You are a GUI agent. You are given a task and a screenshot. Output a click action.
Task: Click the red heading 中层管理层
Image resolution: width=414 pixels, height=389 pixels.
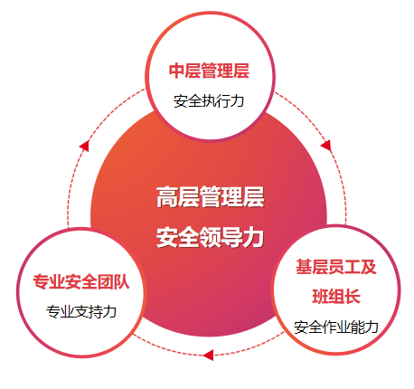[209, 71]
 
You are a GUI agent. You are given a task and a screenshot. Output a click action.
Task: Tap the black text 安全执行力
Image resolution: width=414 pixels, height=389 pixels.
[209, 101]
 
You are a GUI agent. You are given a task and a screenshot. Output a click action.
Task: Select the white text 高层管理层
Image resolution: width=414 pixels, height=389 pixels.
[211, 197]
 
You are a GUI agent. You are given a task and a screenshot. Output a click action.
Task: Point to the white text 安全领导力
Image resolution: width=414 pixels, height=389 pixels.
[211, 238]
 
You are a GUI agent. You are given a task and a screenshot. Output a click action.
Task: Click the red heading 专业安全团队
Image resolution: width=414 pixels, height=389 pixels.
[81, 282]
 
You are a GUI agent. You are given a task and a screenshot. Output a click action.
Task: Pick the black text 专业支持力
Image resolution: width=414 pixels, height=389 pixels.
[81, 312]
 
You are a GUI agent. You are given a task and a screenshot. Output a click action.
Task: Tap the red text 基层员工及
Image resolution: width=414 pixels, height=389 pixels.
[336, 267]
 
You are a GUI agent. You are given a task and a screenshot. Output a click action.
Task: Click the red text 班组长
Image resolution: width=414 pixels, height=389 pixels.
[336, 296]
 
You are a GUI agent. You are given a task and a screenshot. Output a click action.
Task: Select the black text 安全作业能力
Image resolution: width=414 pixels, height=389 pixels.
[336, 327]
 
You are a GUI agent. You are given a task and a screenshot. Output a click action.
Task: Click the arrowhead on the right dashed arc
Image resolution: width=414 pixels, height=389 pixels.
[326, 146]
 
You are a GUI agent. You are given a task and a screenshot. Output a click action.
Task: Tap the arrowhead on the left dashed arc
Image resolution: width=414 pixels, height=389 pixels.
[84, 146]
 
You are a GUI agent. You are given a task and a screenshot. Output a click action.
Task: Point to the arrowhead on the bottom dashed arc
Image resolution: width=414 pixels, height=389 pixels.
[208, 355]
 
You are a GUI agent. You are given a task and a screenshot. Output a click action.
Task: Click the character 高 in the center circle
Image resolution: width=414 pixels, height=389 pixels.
[167, 197]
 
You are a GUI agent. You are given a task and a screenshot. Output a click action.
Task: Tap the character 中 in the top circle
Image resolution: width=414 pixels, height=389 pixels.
[176, 71]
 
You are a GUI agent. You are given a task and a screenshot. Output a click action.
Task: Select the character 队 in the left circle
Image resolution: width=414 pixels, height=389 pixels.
[122, 282]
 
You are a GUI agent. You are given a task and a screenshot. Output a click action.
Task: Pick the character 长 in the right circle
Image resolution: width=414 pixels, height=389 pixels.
[353, 296]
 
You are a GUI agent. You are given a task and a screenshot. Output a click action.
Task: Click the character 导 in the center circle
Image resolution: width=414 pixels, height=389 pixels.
[232, 238]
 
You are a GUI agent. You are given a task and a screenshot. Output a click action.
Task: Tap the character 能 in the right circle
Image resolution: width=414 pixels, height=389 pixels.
[358, 327]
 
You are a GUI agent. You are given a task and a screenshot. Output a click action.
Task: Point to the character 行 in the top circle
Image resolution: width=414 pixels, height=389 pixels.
[223, 101]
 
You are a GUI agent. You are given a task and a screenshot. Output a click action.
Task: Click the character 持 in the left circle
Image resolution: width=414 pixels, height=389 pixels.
[96, 312]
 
